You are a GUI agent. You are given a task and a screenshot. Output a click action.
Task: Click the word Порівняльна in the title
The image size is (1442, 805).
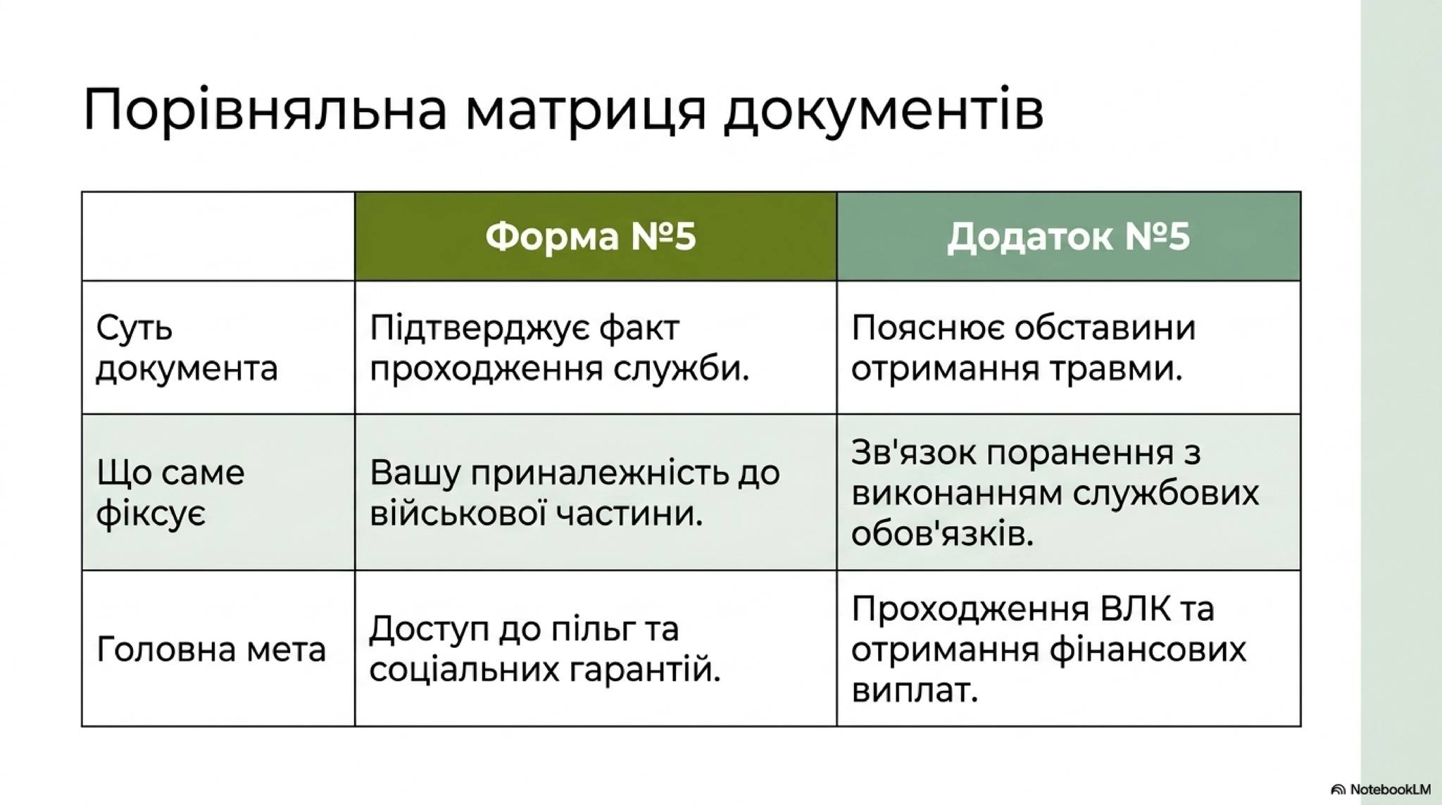pyautogui.click(x=265, y=111)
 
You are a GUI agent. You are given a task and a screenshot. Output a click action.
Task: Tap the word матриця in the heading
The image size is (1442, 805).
pyautogui.click(x=585, y=111)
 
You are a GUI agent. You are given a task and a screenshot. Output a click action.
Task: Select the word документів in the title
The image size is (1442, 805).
pyautogui.click(x=884, y=111)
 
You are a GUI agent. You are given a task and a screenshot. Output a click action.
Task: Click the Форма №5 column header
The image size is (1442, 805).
pyautogui.click(x=591, y=236)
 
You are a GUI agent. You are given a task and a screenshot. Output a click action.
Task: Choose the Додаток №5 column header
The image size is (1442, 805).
pyautogui.click(x=1068, y=236)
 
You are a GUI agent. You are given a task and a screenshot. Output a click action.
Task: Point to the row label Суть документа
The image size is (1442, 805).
pyautogui.click(x=187, y=348)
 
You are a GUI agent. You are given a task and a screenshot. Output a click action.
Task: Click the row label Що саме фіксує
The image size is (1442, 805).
pyautogui.click(x=170, y=492)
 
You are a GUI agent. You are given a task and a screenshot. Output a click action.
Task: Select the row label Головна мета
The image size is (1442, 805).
pyautogui.click(x=211, y=649)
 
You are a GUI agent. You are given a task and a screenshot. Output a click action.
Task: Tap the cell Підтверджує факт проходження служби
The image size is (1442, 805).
pyautogui.click(x=559, y=348)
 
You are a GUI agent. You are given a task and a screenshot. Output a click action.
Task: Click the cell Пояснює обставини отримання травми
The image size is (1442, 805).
pyautogui.click(x=1023, y=348)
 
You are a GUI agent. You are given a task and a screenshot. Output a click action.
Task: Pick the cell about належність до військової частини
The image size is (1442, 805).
pyautogui.click(x=575, y=492)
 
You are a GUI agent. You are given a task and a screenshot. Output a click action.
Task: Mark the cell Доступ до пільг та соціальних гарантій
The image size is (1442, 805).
pyautogui.click(x=545, y=649)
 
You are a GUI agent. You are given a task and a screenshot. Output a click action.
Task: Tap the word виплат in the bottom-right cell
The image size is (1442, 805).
pyautogui.click(x=915, y=690)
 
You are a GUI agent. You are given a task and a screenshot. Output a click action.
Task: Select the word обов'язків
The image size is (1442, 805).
pyautogui.click(x=942, y=535)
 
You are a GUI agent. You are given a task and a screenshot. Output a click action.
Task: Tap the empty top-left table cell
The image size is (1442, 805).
pyautogui.click(x=218, y=236)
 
